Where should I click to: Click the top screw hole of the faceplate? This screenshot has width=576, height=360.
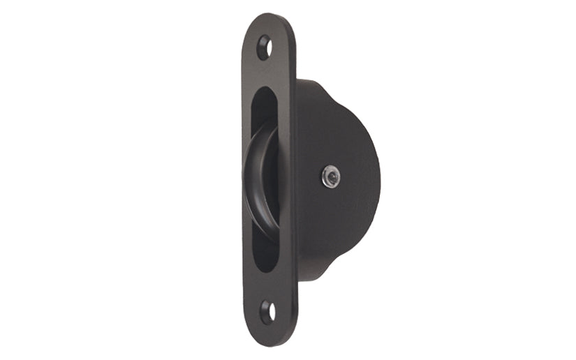pos(264,47)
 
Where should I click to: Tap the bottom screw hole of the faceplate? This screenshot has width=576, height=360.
pos(267,312)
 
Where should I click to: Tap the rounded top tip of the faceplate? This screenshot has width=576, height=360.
pos(269,18)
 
